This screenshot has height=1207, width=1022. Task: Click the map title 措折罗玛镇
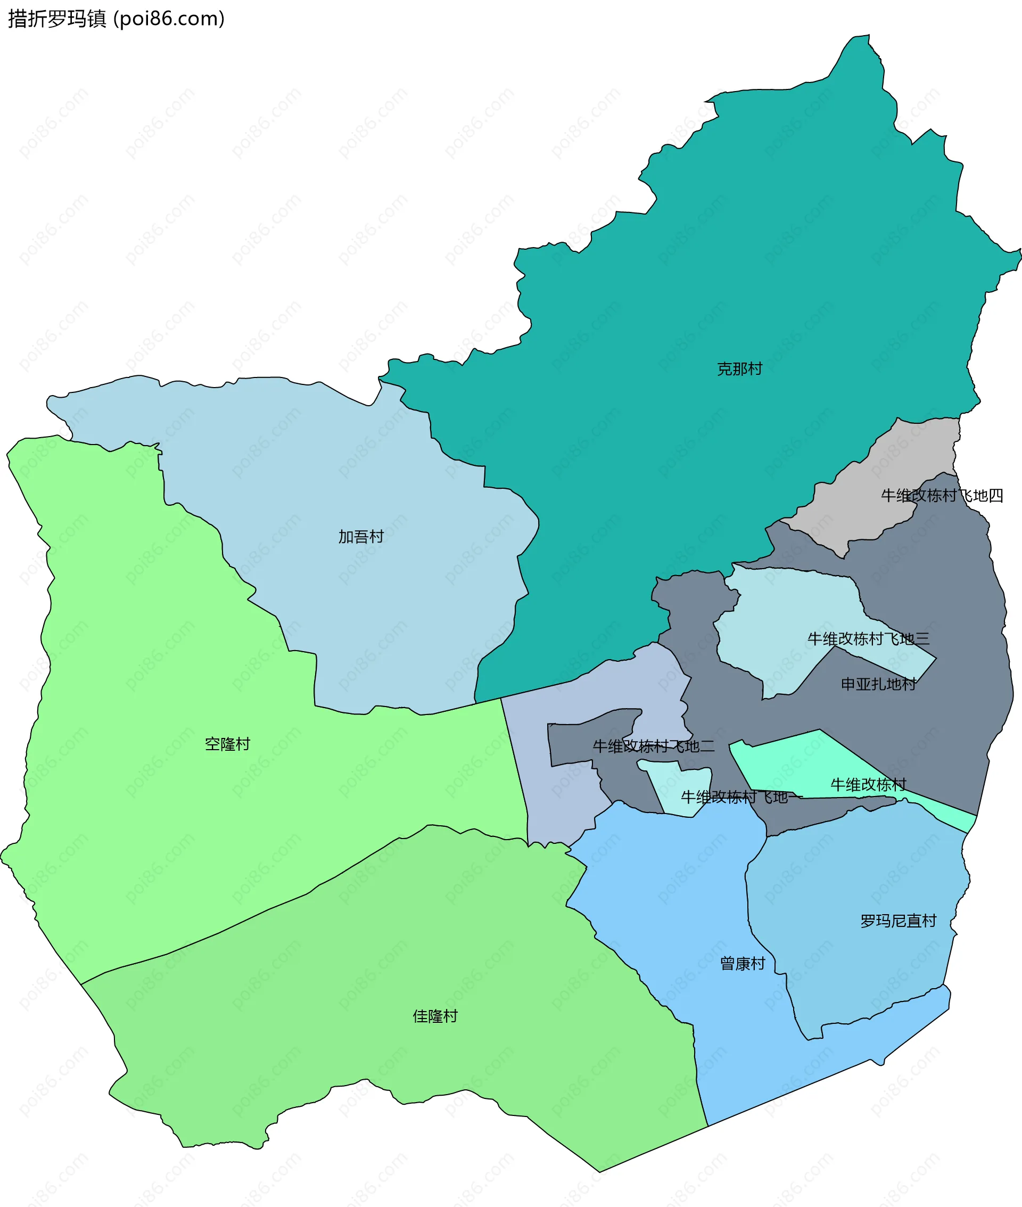(x=57, y=19)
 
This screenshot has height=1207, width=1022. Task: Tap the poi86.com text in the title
(x=169, y=19)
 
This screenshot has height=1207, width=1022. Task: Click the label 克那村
(x=739, y=369)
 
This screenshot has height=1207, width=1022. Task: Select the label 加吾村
(x=361, y=537)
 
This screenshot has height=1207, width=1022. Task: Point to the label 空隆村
(x=227, y=744)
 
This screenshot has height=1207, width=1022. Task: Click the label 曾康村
(x=742, y=964)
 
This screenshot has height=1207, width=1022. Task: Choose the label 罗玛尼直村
(x=898, y=921)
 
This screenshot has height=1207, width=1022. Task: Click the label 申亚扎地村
(x=878, y=684)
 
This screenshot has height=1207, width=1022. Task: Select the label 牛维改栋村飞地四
(x=942, y=496)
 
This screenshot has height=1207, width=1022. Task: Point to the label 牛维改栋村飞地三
(x=869, y=638)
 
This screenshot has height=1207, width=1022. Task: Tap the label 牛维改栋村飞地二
(x=654, y=746)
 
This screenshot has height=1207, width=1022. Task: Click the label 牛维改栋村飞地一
(x=741, y=798)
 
